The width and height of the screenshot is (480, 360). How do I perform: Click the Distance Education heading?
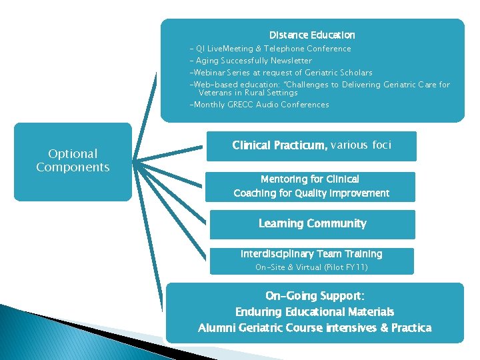pos(312,35)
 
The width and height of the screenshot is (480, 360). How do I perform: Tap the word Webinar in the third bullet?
pos(209,73)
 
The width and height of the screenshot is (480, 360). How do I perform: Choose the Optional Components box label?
pos(73,161)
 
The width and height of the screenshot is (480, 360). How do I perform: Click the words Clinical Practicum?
pos(279,145)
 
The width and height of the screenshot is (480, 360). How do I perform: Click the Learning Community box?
pos(312,224)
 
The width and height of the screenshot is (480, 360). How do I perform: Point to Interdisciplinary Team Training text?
pos(311,254)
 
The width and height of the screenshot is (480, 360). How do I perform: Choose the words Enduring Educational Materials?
pos(315,312)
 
